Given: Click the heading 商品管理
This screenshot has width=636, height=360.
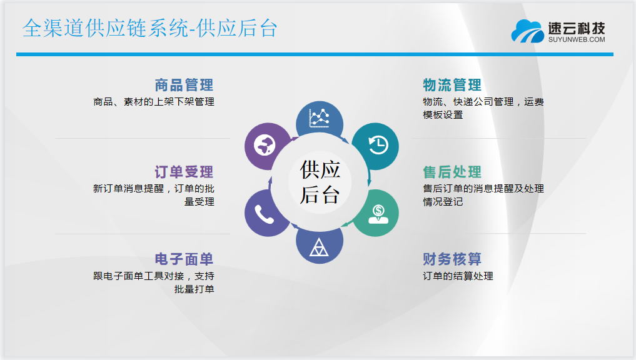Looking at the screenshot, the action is (184, 85).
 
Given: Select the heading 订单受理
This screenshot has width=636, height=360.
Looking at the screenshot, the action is (184, 172).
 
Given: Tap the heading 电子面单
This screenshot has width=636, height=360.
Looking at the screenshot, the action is (184, 259).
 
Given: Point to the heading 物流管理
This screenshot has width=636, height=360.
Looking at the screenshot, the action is (452, 85).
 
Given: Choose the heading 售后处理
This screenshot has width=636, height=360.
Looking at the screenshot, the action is (452, 172).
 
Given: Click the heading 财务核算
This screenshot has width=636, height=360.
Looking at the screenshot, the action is (452, 259).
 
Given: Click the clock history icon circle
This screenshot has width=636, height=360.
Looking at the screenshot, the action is (376, 146).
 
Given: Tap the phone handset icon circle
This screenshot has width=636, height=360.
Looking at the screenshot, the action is (265, 213).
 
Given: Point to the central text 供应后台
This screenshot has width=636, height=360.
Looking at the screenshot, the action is (320, 182).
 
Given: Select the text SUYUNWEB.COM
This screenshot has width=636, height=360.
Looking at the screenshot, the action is (577, 39).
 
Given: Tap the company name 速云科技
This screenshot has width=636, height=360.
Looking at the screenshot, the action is (577, 28).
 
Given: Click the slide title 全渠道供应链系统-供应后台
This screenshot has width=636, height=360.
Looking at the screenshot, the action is (150, 28).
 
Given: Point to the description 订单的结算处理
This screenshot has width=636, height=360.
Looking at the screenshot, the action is (458, 276).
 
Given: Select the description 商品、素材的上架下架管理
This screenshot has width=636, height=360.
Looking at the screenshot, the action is (154, 102).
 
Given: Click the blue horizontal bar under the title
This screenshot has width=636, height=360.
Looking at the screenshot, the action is (315, 54).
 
